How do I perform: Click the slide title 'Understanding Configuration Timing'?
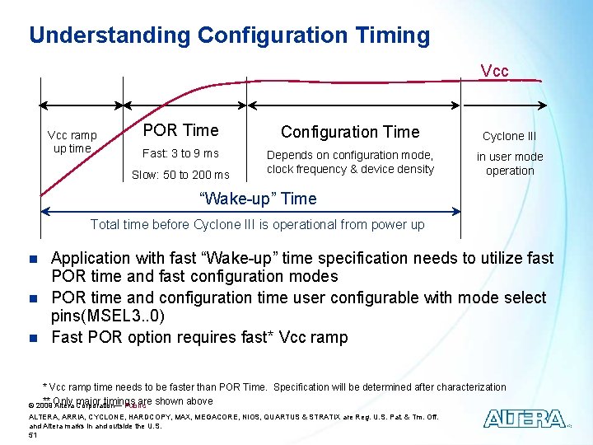coord(229,35)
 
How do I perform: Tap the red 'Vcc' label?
coord(494,71)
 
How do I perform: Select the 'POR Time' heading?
coord(180,130)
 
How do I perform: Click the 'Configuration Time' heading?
coord(350,132)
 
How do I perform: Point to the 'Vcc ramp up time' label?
coord(72,142)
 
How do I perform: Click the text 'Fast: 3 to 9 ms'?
coord(180,153)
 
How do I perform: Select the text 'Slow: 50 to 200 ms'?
coord(180,174)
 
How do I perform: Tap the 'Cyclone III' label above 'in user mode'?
coord(509,136)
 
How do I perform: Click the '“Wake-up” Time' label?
coord(259,199)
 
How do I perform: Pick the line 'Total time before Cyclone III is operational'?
coord(257,224)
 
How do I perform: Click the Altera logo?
coord(524,419)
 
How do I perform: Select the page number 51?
coord(34,434)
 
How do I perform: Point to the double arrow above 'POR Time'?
coord(185,105)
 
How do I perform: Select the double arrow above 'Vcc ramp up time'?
coord(82,105)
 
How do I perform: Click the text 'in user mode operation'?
coord(510,163)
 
